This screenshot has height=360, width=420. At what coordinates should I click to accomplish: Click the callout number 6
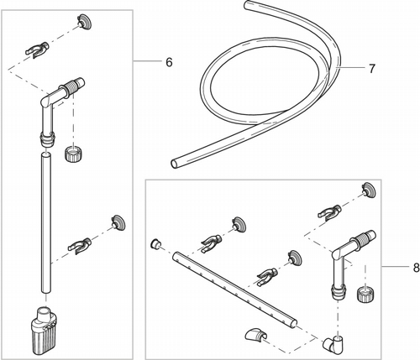pyautogui.click(x=169, y=62)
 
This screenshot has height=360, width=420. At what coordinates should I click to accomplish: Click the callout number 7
pyautogui.click(x=371, y=69)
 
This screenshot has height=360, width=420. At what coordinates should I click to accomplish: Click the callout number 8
pyautogui.click(x=417, y=268)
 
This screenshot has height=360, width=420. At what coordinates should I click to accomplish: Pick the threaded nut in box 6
pyautogui.click(x=73, y=154)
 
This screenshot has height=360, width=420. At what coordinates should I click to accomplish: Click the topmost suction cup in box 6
pyautogui.click(x=85, y=22)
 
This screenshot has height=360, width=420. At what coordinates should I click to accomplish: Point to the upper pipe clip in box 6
pyautogui.click(x=37, y=50)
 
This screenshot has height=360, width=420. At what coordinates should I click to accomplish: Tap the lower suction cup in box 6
pyautogui.click(x=118, y=222)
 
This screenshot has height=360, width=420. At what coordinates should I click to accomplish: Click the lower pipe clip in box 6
pyautogui.click(x=80, y=245)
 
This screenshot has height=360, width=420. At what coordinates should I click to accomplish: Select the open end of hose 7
pyautogui.click(x=174, y=164)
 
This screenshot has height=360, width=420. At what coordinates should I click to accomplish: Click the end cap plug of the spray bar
pyautogui.click(x=155, y=243)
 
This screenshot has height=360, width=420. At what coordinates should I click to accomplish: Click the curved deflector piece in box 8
pyautogui.click(x=255, y=335)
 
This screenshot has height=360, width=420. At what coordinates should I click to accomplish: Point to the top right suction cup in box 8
pyautogui.click(x=369, y=190)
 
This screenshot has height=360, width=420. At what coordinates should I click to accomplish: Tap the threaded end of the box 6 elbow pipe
pyautogui.click(x=73, y=86)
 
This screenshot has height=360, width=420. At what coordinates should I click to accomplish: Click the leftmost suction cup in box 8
pyautogui.click(x=239, y=224)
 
